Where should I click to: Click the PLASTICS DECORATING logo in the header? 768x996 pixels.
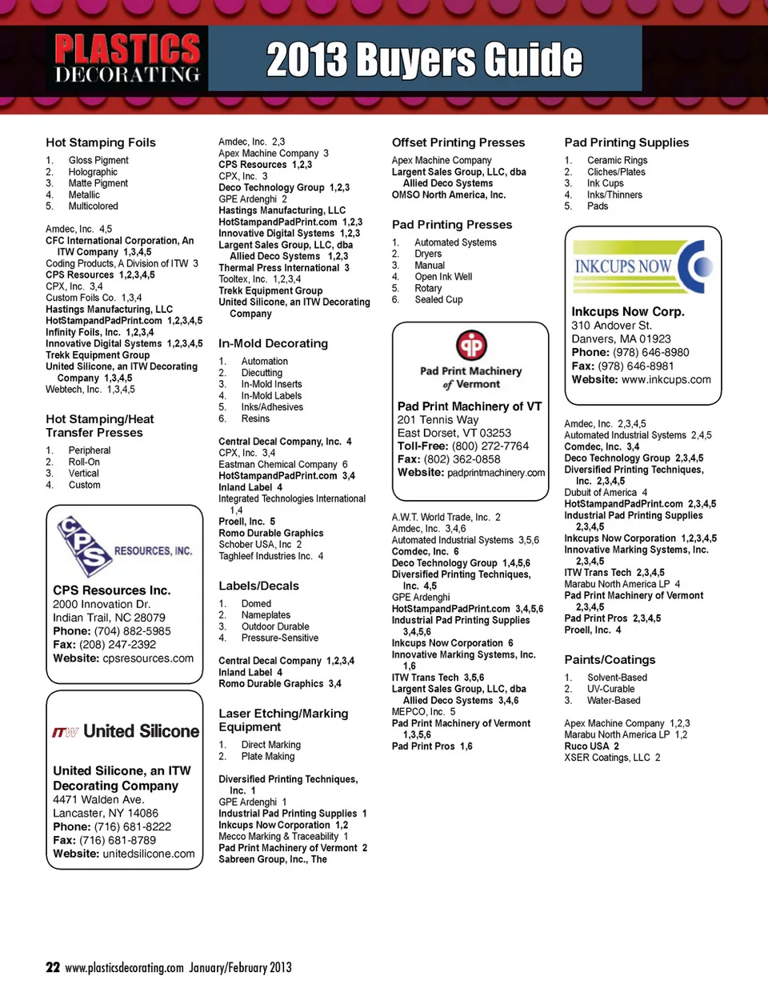point(126,58)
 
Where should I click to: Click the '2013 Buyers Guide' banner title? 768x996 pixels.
point(424,60)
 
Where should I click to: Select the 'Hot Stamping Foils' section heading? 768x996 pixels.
point(101,142)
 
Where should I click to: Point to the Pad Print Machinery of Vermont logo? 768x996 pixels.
point(471,359)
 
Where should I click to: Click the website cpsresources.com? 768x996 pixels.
point(148,658)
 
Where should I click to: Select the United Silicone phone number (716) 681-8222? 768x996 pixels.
point(133,827)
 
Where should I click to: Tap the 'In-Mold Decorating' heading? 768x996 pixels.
point(273,343)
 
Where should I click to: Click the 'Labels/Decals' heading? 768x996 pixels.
point(258,586)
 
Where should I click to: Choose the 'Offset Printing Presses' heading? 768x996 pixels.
point(458,142)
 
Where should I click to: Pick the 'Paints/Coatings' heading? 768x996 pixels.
point(610,660)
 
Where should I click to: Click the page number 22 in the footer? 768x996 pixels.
point(53,967)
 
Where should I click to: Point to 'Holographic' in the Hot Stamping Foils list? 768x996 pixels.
point(93,172)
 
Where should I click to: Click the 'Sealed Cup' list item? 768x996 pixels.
point(438,300)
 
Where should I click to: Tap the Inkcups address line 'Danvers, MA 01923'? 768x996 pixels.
point(621,339)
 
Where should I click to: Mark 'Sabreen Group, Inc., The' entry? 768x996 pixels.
point(273,859)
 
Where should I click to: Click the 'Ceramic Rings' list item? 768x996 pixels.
point(617,161)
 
